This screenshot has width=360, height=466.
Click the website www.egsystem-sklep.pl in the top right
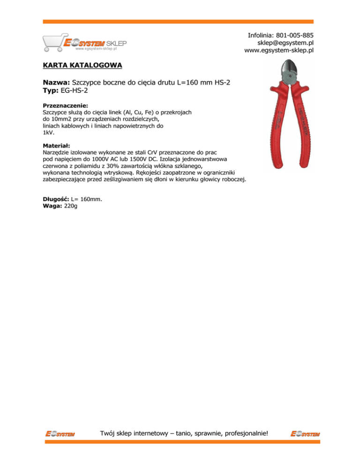coord(279,51)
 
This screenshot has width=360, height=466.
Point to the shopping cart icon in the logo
coord(53,43)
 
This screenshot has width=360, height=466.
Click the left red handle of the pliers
coord(277,131)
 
